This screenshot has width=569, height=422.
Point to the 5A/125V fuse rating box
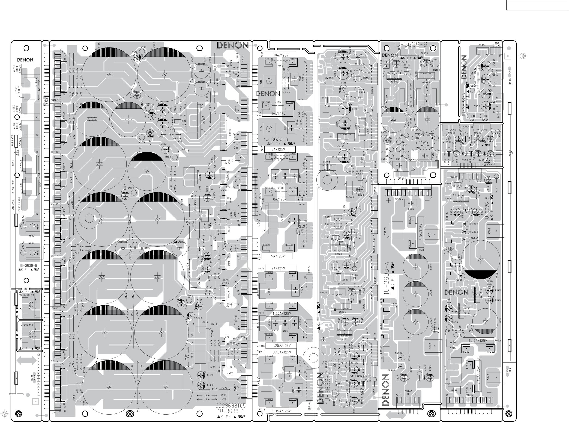coord(277,256)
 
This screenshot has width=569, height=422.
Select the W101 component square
coord(269,81)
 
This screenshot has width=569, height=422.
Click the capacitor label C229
coord(431,267)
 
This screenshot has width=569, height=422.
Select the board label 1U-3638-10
coord(26,295)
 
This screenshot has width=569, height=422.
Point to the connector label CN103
coord(55,100)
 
